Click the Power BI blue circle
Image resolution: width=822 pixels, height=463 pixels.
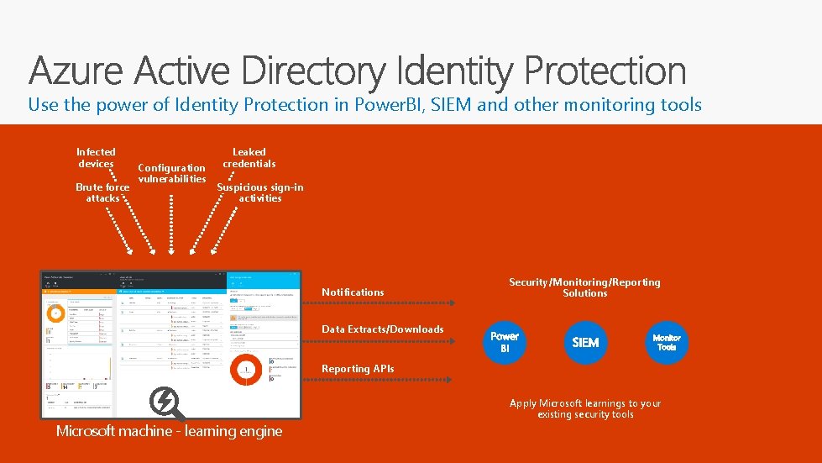[505, 342]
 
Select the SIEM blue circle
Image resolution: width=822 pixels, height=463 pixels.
[585, 342]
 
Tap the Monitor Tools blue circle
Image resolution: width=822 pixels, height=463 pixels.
[667, 342]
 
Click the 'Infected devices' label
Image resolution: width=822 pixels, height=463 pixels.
[96, 157]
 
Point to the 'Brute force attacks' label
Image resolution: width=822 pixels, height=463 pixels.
[102, 192]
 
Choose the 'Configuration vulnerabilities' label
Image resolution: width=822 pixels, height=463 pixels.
[171, 173]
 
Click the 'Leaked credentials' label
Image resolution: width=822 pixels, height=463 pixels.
[249, 157]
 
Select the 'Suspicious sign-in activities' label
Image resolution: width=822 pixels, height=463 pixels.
[260, 192]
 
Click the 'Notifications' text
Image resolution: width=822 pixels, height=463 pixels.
[353, 292]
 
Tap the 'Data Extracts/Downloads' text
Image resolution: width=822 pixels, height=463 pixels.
[382, 329]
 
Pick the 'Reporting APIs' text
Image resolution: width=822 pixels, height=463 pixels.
[357, 368]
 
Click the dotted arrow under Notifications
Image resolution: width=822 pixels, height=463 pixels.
[378, 303]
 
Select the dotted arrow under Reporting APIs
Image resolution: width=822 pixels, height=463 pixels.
[378, 380]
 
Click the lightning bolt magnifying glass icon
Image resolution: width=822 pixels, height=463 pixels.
[165, 404]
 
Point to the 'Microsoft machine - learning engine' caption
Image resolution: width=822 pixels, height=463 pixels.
[169, 431]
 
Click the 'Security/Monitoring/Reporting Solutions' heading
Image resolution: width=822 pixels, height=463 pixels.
[584, 287]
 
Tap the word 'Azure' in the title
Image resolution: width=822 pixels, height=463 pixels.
[80, 71]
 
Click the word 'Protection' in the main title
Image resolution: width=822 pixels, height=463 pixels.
[605, 71]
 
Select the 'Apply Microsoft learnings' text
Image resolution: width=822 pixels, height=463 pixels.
[585, 408]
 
